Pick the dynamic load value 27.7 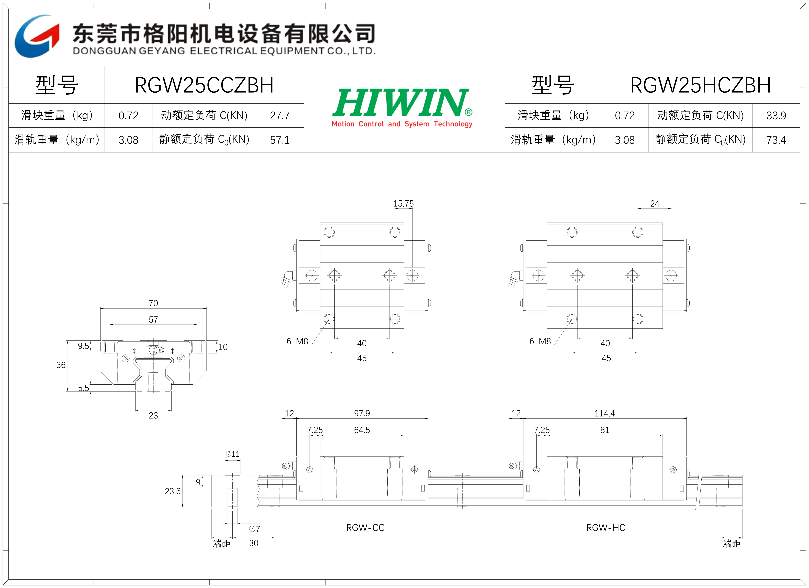pyautogui.click(x=280, y=115)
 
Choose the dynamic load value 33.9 pyautogui.click(x=776, y=115)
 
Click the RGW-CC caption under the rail pyautogui.click(x=365, y=528)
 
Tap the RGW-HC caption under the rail pyautogui.click(x=606, y=528)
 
